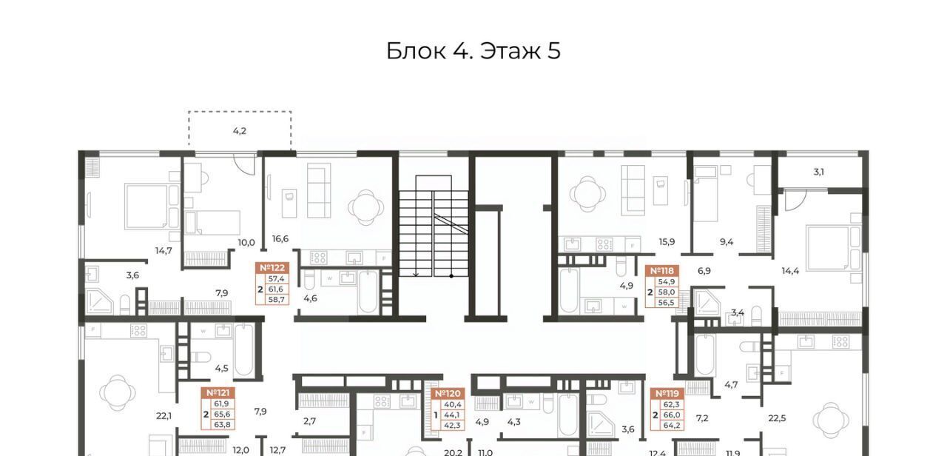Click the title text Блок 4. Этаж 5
[x=473, y=51]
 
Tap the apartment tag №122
[x=272, y=268]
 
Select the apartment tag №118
[x=662, y=271]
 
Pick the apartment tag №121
[x=218, y=393]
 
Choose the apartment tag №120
[x=448, y=394]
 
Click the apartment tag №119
[x=667, y=394]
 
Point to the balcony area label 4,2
[x=239, y=131]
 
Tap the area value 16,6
[x=280, y=239]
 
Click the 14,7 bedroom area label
[x=164, y=251]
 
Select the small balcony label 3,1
[x=818, y=172]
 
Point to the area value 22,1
[x=164, y=416]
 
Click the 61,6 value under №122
[x=276, y=289]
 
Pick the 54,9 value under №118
[x=667, y=282]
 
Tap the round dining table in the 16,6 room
[x=366, y=208]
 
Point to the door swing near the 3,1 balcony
[x=795, y=200]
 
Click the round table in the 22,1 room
[x=118, y=393]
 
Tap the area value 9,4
[x=727, y=242]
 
